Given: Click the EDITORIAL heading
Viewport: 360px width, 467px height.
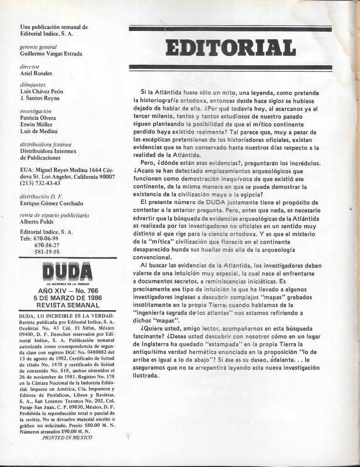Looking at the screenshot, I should (230, 48).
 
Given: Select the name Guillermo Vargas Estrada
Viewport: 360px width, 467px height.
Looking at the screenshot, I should (51, 54).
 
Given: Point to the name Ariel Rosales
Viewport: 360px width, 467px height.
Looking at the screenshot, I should (36, 73).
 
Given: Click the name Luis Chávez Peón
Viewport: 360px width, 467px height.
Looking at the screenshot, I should (41, 91).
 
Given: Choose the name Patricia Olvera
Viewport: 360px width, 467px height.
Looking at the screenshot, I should (38, 118).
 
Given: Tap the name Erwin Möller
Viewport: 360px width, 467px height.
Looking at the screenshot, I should (36, 125).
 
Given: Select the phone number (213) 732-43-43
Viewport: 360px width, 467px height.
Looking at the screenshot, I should (40, 183).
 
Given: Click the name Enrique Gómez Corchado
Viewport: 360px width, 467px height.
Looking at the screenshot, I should (51, 203).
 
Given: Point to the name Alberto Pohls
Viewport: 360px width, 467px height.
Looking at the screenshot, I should (36, 222).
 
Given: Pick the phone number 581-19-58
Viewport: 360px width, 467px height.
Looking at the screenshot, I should (46, 251).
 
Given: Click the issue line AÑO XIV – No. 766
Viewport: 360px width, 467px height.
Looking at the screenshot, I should (67, 291).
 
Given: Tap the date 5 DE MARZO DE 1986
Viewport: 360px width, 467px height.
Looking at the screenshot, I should (67, 298).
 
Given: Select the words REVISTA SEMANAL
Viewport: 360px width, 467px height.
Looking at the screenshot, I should (67, 305).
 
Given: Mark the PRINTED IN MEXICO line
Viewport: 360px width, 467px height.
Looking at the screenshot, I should (67, 437).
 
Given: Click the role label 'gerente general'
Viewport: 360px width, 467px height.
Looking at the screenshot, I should (38, 47).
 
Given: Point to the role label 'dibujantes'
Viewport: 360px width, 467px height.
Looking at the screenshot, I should (33, 85).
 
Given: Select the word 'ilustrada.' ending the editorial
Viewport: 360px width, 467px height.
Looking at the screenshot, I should (146, 375).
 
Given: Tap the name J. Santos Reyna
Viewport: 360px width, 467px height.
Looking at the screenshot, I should (40, 98).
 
